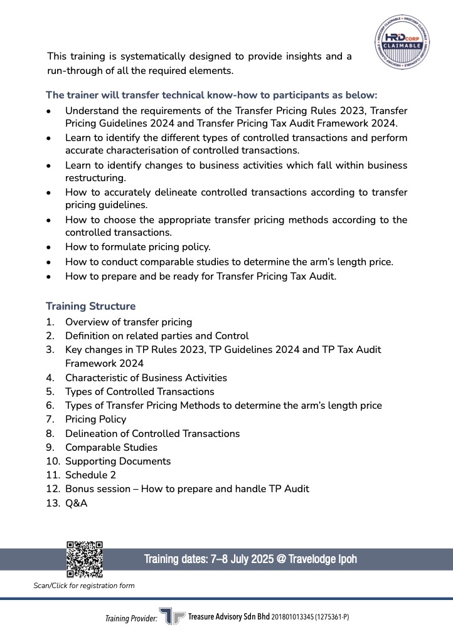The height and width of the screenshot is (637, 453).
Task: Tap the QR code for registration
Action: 84,559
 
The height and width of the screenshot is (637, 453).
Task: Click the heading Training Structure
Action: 90,307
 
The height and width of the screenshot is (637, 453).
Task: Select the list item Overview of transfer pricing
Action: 129,322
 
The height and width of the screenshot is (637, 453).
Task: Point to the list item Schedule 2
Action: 90,475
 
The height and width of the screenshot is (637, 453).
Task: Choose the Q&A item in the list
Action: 76,503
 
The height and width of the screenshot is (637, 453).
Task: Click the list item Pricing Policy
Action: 95,419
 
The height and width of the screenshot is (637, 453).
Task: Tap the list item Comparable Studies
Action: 111,447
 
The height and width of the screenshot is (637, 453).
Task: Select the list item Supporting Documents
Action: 118,461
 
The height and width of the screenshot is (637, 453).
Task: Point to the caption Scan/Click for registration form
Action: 83,586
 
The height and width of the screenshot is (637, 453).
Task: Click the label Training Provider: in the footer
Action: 131,619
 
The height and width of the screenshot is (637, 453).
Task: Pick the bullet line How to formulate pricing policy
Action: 137,246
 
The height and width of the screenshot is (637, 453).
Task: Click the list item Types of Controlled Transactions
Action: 139,391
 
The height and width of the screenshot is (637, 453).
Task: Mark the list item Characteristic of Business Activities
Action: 146,377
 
